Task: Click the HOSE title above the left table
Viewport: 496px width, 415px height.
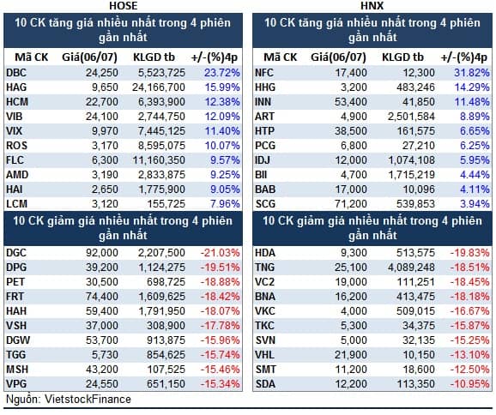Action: point(124,5)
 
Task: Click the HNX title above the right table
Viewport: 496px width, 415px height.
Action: point(372,5)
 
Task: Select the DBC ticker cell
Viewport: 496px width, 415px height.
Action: point(16,73)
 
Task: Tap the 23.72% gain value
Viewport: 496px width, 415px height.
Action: point(221,73)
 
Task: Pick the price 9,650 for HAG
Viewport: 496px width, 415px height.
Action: point(105,87)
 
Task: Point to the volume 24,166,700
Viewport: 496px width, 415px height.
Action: point(159,87)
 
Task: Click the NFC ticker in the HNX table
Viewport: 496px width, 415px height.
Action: point(264,73)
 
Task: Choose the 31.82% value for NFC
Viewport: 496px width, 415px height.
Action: point(472,73)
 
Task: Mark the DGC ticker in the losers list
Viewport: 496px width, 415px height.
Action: point(16,253)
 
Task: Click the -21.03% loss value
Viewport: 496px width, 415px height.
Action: point(221,253)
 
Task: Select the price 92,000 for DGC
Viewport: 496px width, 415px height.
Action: point(102,253)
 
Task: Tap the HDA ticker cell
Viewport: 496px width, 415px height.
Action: point(265,253)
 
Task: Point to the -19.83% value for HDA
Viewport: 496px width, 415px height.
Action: point(469,253)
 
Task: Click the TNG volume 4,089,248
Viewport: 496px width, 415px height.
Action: point(411,268)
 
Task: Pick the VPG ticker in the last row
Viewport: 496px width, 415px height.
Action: point(16,384)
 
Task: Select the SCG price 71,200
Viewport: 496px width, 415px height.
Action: point(351,204)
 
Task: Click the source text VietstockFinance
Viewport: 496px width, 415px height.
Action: point(88,400)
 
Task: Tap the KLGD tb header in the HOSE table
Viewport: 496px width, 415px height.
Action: point(154,57)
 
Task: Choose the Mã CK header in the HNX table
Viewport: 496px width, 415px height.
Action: point(281,57)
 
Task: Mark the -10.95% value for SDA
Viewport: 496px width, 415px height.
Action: point(469,384)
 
